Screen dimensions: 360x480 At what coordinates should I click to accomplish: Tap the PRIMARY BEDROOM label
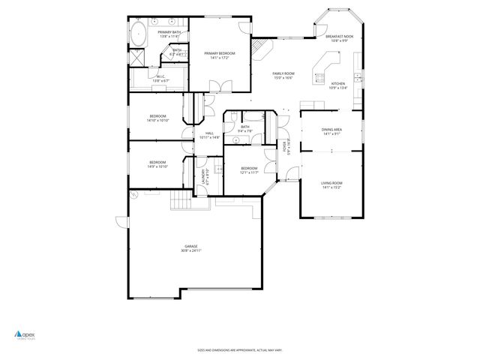220,53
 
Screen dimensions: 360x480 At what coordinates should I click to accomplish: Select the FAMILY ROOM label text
283,73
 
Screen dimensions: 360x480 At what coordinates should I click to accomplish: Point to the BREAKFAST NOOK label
339,36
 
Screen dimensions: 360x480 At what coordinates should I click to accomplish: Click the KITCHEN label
338,83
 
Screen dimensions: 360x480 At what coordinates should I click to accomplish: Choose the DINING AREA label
332,130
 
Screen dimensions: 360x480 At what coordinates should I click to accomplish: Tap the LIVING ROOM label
331,183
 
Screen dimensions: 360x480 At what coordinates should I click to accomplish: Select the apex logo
25,335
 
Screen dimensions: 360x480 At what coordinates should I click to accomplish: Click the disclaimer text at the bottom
240,349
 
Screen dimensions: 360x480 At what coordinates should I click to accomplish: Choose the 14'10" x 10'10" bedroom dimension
157,120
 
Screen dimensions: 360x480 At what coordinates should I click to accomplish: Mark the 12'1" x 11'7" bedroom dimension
249,172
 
